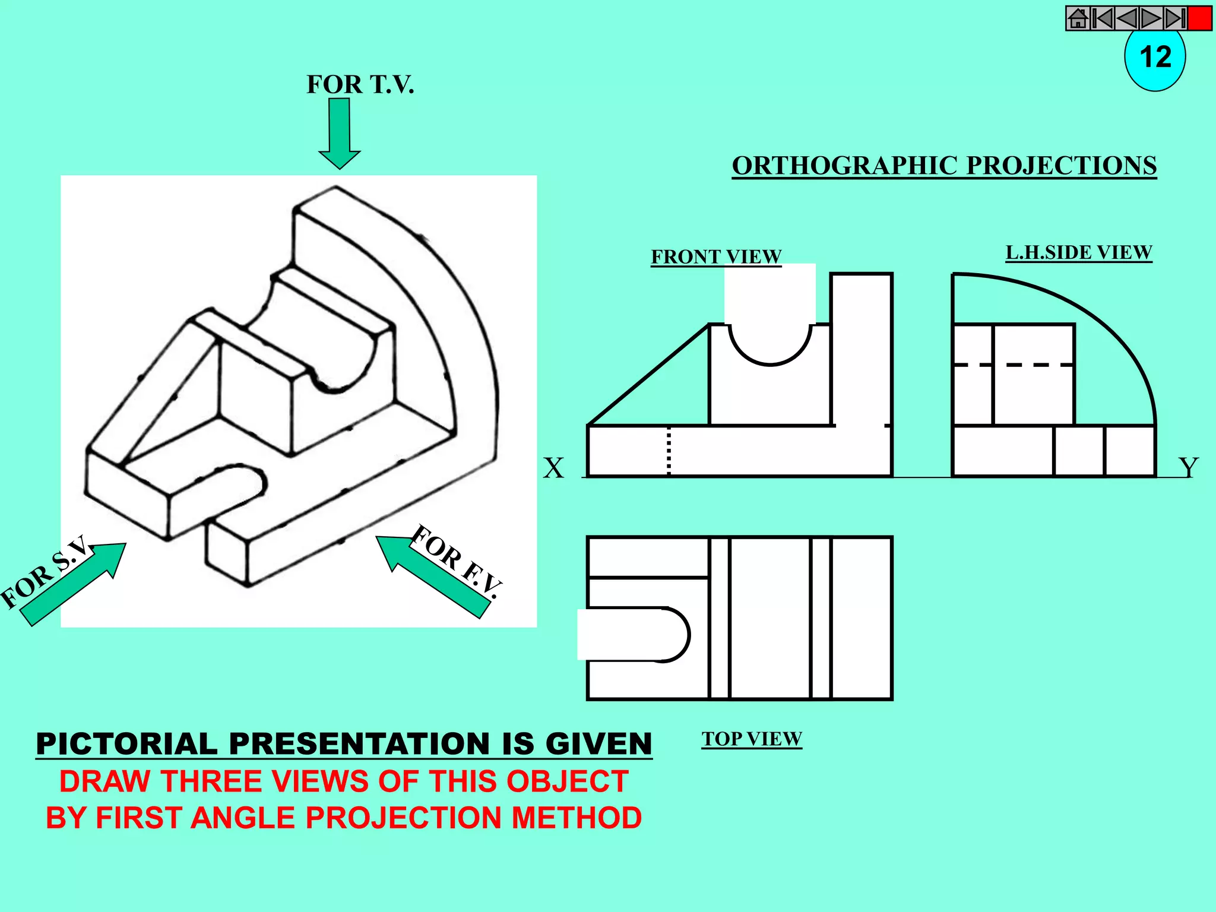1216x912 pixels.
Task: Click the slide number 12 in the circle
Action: (x=1155, y=58)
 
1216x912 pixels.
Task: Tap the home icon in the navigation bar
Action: (x=1078, y=18)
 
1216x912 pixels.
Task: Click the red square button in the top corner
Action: (x=1200, y=18)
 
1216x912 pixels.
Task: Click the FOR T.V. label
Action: (x=360, y=84)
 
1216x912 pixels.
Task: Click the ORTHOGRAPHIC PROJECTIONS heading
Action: (x=944, y=165)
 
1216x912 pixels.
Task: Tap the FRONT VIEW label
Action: (x=716, y=256)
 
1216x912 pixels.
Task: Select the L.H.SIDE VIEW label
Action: (x=1078, y=252)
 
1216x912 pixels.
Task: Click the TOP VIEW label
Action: (x=752, y=739)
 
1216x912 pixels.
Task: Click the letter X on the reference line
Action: (x=553, y=468)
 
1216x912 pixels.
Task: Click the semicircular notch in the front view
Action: (x=770, y=347)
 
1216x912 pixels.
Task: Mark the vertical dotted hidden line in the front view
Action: (x=669, y=451)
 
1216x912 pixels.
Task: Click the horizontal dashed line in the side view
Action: (x=1013, y=365)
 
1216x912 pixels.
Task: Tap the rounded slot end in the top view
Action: (x=677, y=634)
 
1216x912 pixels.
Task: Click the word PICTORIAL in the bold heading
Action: (x=126, y=745)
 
